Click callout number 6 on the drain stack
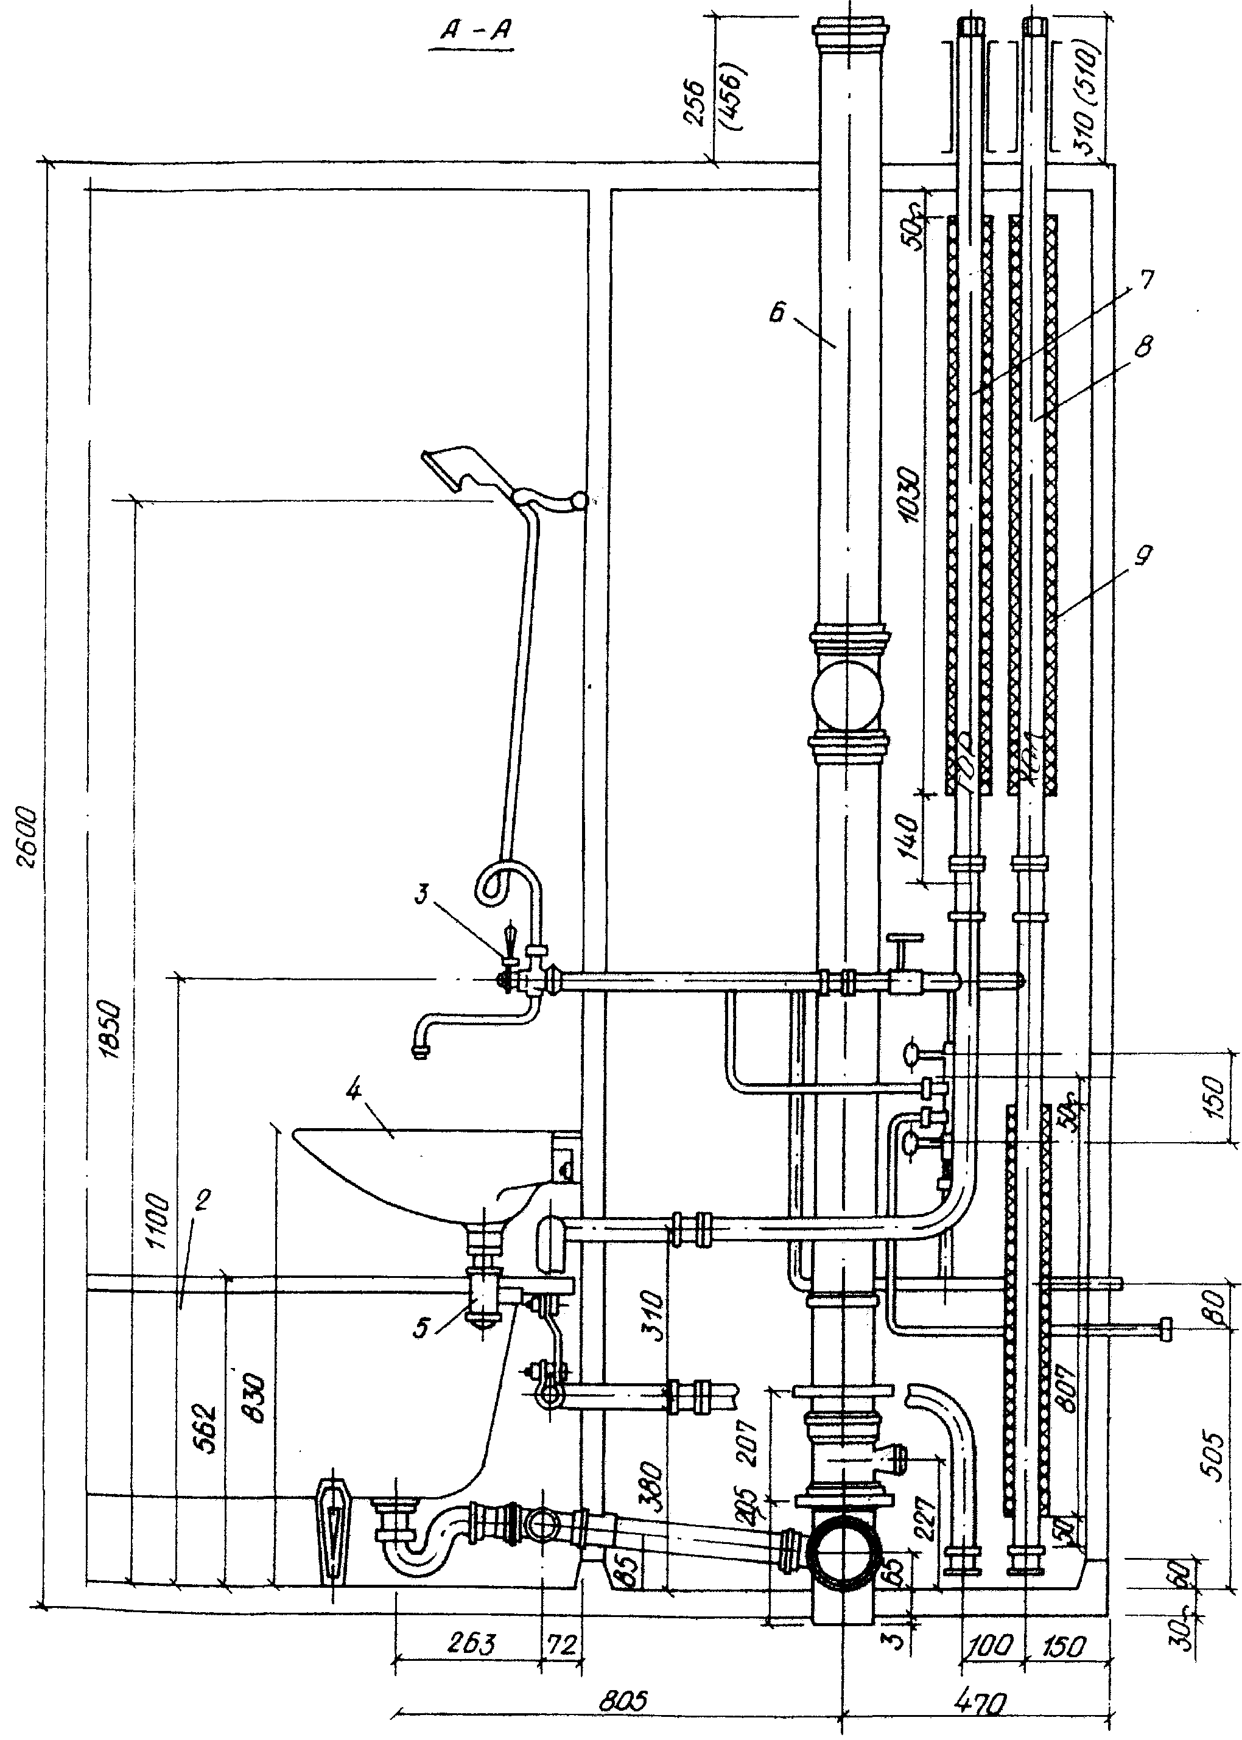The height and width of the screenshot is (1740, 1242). [x=777, y=314]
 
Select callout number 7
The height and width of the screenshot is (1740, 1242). [x=1144, y=281]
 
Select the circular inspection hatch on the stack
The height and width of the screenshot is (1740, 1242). [x=847, y=696]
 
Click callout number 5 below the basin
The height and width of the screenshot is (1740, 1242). [x=421, y=1328]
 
